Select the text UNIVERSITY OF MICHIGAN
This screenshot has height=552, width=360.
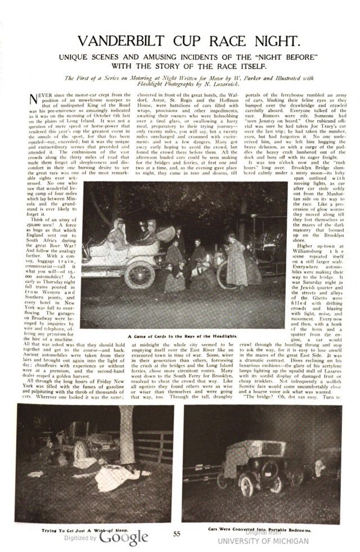pos(263,541)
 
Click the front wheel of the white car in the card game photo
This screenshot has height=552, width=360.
pos(137,273)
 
